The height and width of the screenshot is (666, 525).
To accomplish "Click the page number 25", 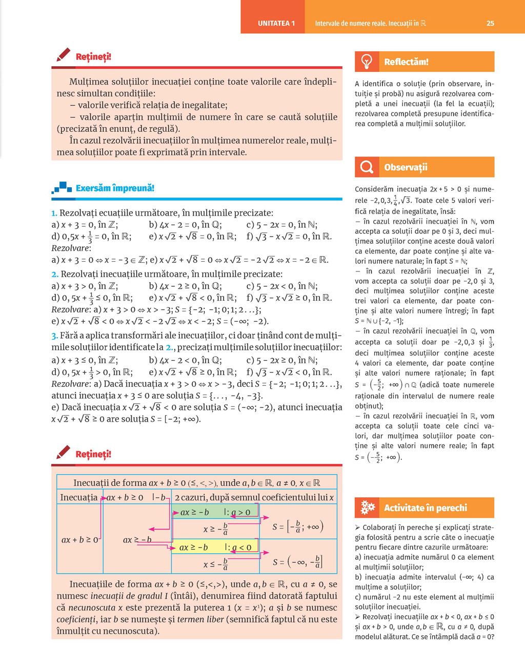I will (x=490, y=23).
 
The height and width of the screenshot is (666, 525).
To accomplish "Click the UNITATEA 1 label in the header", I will (x=276, y=23).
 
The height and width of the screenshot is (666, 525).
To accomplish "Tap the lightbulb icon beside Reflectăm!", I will (x=367, y=62).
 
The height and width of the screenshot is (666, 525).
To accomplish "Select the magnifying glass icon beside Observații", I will (x=367, y=167).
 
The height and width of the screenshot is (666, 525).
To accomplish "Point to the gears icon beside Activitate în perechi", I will (x=368, y=507).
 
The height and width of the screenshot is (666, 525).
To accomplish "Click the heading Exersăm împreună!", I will (x=115, y=188).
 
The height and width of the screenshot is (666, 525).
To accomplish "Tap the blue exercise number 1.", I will (x=54, y=213).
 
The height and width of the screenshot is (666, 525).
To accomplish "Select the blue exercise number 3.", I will (x=54, y=336).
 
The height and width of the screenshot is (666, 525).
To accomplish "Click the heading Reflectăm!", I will (x=406, y=62).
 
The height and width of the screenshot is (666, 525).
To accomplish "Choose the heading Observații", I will (x=406, y=167).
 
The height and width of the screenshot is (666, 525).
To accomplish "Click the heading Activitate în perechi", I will (x=426, y=508).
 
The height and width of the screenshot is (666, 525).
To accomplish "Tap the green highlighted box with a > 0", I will (x=215, y=512).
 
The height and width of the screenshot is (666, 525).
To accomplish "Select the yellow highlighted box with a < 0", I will (x=215, y=547).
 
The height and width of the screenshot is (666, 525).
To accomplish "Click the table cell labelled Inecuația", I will (x=78, y=497).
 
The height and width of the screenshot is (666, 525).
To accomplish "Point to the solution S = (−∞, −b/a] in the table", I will (x=297, y=561).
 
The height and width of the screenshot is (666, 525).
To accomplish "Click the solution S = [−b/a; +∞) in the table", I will (x=297, y=526).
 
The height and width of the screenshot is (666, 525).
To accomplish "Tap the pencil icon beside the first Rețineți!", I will (x=63, y=55).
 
